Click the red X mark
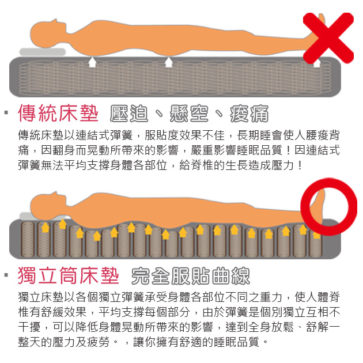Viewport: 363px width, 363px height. (328, 38)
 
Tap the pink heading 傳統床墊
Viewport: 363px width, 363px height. (58, 113)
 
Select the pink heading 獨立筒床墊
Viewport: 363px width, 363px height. (69, 275)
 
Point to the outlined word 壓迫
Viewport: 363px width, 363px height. (129, 113)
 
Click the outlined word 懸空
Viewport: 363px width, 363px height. (189, 113)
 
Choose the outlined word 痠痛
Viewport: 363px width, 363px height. (249, 113)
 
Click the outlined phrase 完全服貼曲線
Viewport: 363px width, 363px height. (191, 275)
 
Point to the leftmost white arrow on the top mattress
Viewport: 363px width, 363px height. (92, 62)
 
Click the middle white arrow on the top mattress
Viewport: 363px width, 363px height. (169, 62)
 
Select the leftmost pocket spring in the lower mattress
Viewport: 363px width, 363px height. (28, 239)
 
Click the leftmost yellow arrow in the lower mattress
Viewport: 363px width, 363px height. (46, 227)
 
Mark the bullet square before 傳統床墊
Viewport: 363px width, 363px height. (6, 113)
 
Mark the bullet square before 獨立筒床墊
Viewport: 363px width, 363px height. (6, 275)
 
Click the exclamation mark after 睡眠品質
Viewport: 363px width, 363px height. (288, 150)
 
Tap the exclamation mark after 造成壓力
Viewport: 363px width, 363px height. (300, 165)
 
